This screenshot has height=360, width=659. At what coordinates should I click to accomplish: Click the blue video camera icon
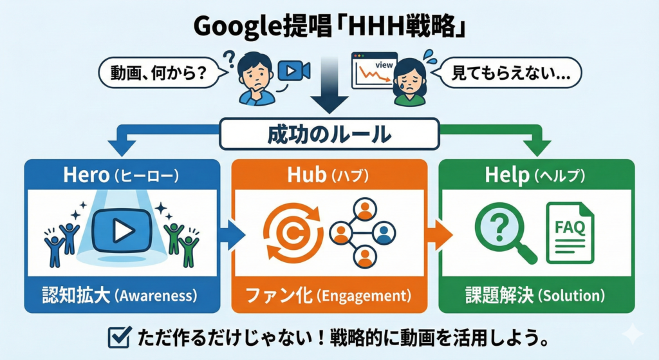click(292, 71)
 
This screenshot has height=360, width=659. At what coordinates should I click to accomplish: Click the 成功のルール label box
click(329, 135)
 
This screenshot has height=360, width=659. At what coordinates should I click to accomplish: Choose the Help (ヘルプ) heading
click(536, 176)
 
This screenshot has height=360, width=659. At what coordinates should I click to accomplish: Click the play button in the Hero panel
click(122, 231)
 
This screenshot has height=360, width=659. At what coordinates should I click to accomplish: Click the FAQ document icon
click(570, 232)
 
